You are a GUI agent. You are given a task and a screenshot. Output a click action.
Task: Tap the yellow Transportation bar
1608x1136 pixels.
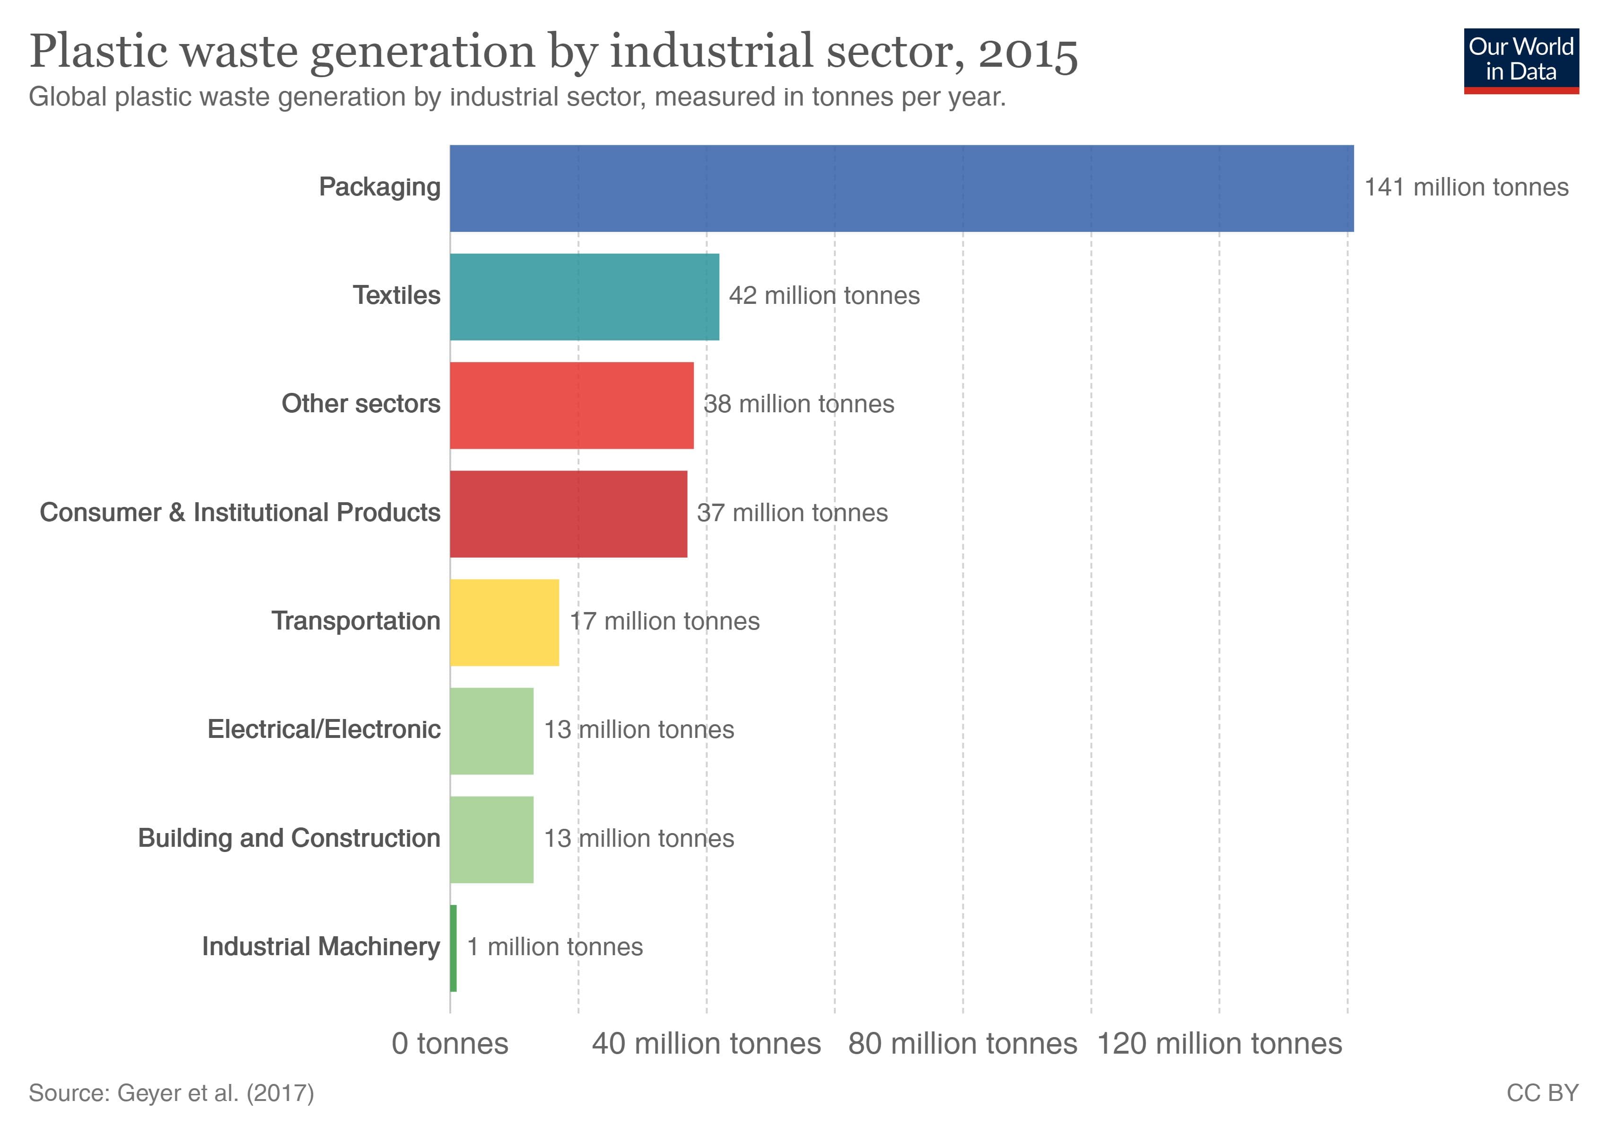tap(504, 622)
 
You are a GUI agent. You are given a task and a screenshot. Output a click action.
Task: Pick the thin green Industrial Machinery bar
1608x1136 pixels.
tap(453, 948)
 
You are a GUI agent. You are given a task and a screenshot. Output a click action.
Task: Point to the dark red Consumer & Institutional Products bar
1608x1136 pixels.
tap(568, 514)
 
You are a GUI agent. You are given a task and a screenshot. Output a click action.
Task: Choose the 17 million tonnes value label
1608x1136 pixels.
tap(664, 621)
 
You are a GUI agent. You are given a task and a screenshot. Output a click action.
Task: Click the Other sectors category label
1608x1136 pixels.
tap(361, 404)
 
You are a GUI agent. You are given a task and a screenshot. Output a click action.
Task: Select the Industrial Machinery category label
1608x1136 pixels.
tap(321, 947)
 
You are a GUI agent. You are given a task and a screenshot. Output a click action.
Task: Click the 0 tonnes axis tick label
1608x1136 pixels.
tap(450, 1044)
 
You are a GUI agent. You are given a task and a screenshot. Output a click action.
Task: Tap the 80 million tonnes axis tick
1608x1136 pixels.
tap(962, 1044)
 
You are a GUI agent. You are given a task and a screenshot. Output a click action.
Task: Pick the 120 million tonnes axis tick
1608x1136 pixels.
tap(1219, 1044)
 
